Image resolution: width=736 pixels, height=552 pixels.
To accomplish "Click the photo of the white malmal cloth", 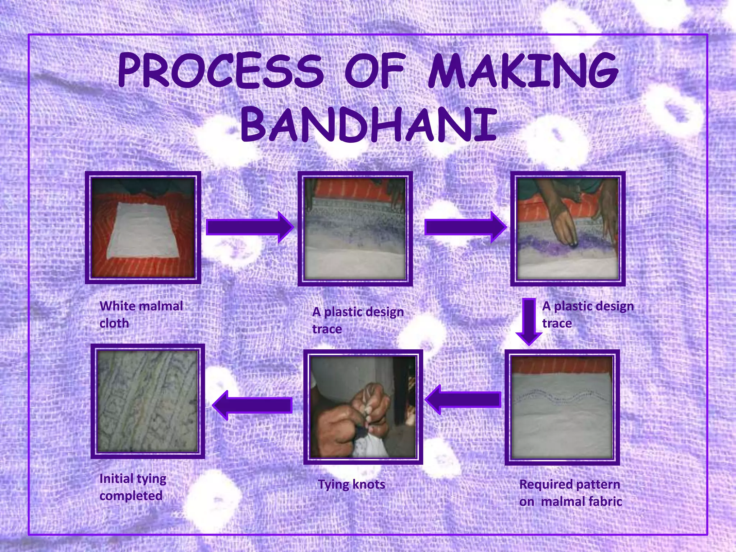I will click(x=143, y=228).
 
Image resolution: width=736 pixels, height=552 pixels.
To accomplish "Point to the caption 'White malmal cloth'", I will click(x=141, y=314).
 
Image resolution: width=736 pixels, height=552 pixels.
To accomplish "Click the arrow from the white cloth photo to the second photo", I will click(x=250, y=227).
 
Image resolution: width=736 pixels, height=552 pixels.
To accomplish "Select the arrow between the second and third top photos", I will click(x=465, y=227).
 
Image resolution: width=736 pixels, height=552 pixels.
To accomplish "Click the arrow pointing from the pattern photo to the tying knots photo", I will click(x=464, y=399).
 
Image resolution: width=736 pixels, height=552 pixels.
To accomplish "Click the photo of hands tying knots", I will click(x=363, y=407).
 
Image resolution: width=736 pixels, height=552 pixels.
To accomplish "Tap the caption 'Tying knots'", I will click(x=351, y=484).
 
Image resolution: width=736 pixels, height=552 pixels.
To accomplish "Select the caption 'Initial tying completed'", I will click(x=132, y=487).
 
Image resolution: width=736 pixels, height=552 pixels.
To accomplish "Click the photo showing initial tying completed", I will click(x=148, y=401).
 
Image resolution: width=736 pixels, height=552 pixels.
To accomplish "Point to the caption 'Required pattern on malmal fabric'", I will click(x=570, y=493).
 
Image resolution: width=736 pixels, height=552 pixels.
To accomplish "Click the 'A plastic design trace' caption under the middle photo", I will click(x=358, y=320).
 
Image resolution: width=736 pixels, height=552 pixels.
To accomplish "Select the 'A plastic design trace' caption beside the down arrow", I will click(x=588, y=314).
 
